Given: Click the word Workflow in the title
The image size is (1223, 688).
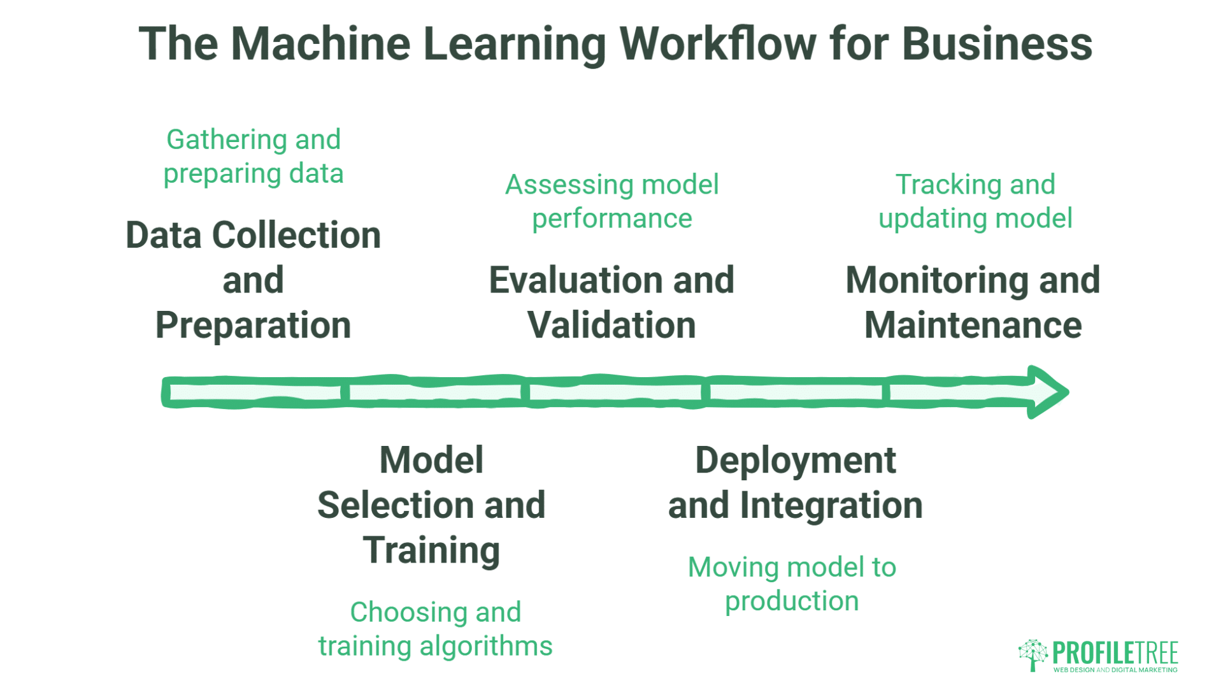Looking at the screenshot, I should tap(718, 44).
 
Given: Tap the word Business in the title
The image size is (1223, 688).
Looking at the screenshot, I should tap(997, 44).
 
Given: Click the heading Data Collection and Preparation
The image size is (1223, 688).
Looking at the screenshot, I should tap(253, 280).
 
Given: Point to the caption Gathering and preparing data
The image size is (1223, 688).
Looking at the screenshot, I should tap(253, 157).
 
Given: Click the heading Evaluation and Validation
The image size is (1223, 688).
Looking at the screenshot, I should tap(611, 303).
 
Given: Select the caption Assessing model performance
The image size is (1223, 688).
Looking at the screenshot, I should tap(611, 201).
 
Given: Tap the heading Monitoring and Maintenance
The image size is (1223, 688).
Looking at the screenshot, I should tap(973, 303).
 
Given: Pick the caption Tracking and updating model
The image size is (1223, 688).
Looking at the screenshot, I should tap(975, 201).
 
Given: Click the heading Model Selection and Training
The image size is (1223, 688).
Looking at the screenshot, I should tap(431, 505).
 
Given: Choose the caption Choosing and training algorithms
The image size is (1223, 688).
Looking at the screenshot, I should tap(435, 629).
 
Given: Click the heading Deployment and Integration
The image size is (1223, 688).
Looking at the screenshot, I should tap(795, 482).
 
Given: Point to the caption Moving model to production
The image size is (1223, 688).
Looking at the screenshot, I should tap(792, 584).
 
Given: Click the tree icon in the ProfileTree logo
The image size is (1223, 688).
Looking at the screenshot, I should tap(1033, 654).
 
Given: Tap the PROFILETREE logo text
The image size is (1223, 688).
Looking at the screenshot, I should tap(1115, 653).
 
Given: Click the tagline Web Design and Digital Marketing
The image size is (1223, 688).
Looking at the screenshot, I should tap(1115, 670).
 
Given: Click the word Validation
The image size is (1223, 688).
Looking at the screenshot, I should tap(611, 326).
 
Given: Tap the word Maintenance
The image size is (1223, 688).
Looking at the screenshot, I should tap(973, 326).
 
